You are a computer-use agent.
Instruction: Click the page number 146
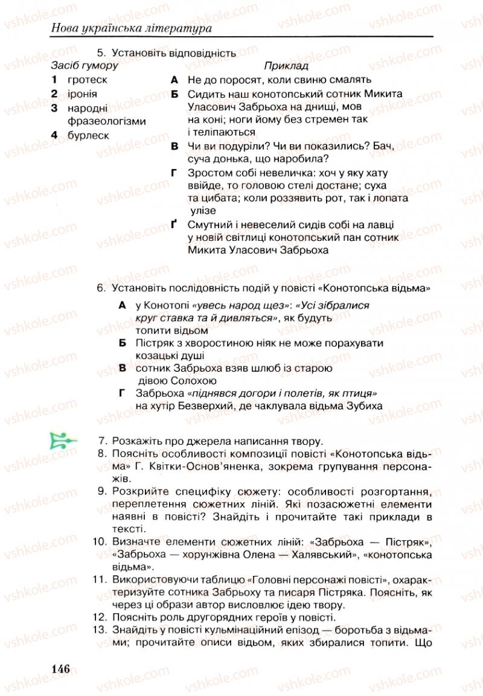pos(61,669)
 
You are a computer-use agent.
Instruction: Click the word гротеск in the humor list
pos(88,79)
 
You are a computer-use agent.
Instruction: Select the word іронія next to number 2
pos(82,94)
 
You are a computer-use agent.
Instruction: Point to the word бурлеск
pos(88,135)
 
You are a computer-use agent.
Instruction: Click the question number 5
pos(100,53)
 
